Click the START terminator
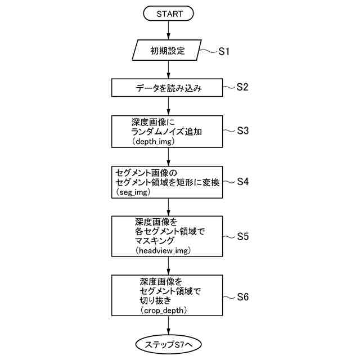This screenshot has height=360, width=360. pos(169,13)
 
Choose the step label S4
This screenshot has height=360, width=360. pos(242,182)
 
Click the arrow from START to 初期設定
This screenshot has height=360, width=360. pos(169,31)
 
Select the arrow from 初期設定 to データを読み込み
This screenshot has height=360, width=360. pos(169,70)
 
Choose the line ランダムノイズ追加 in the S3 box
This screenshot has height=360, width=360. pos(166,132)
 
